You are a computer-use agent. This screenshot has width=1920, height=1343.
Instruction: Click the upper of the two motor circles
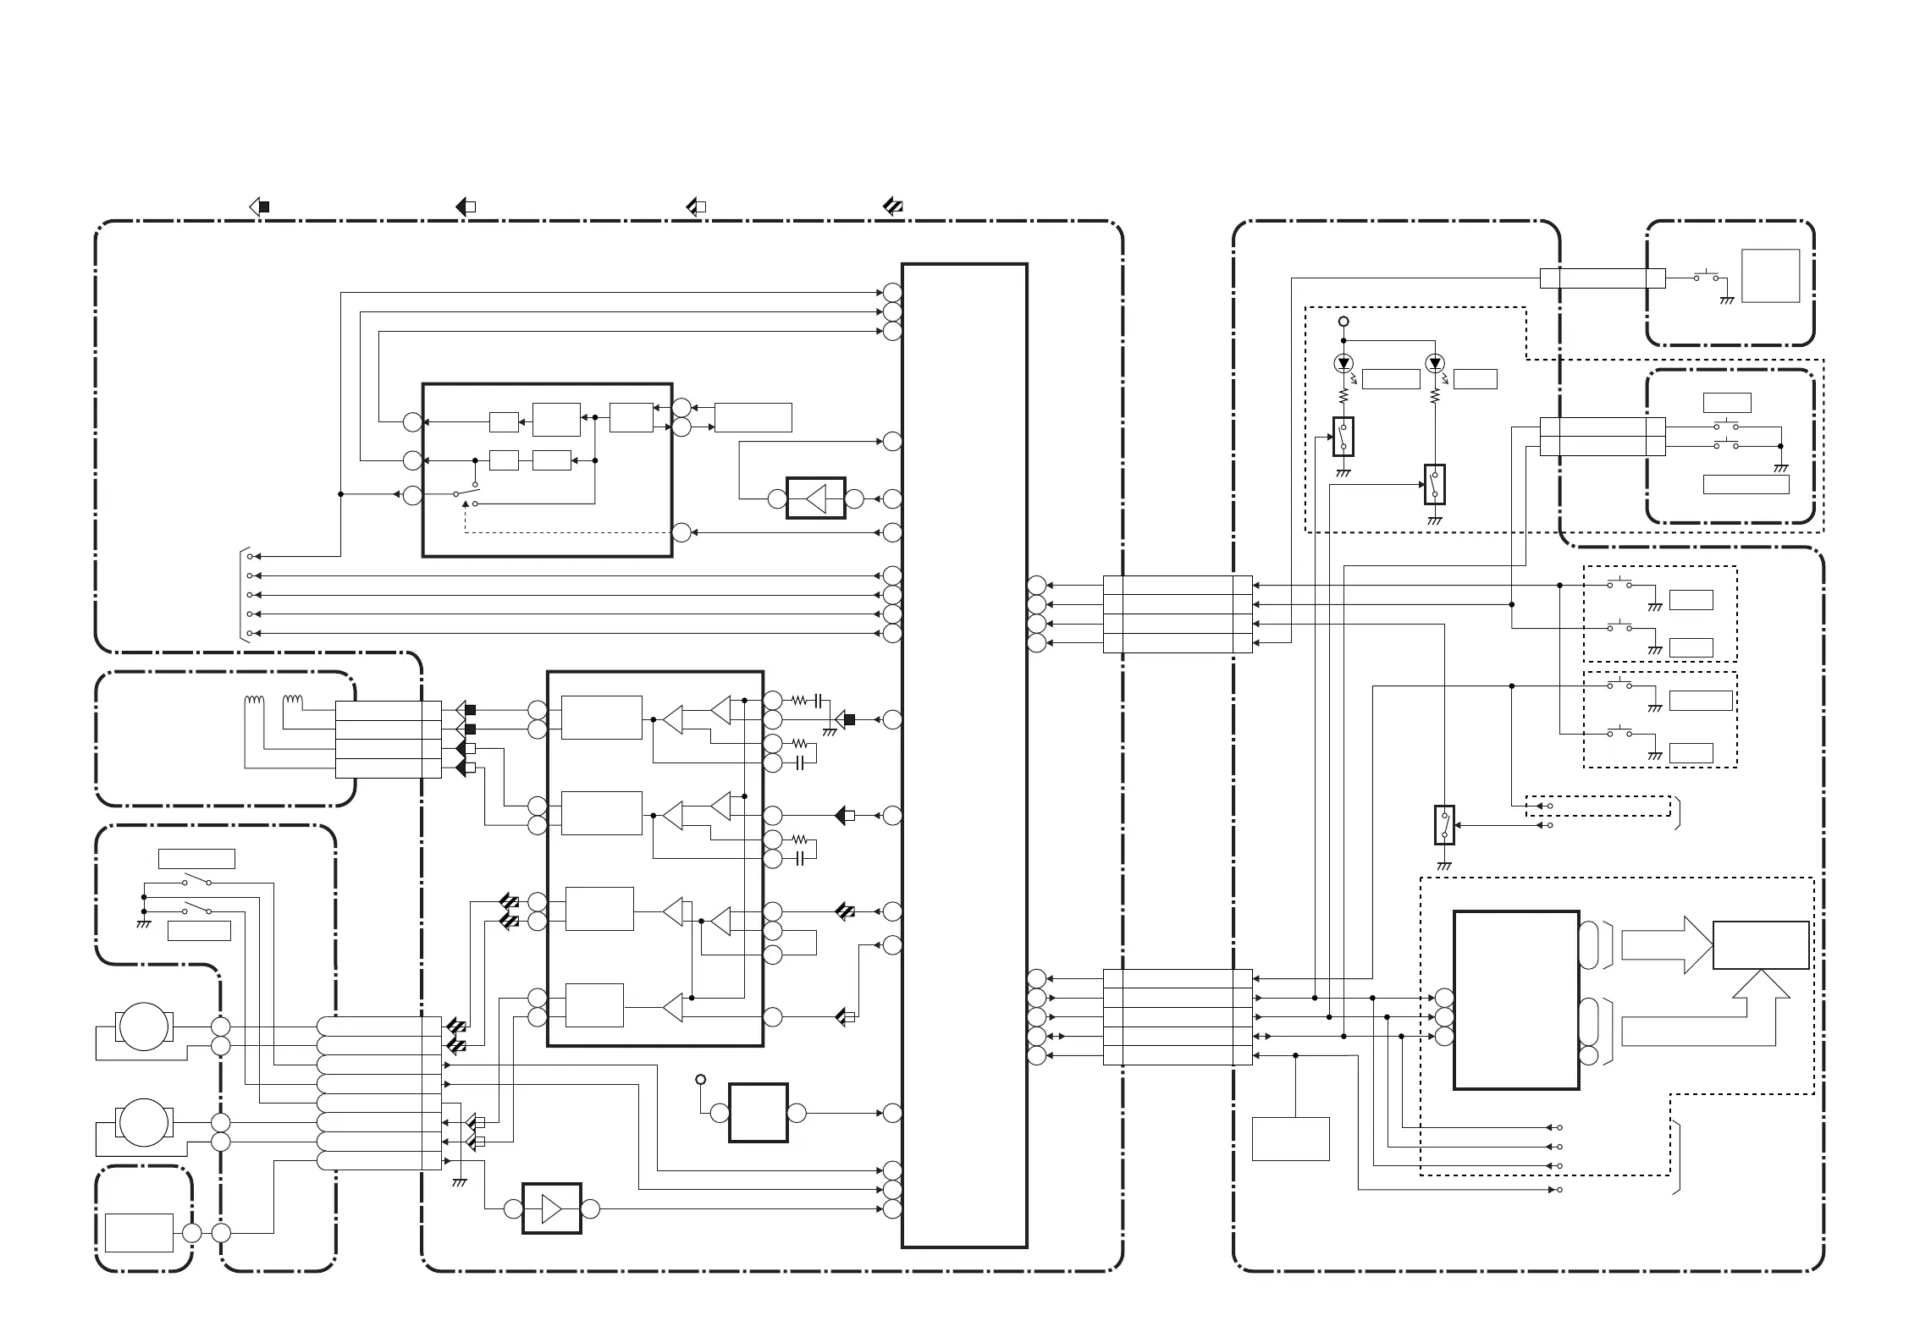pyautogui.click(x=144, y=1027)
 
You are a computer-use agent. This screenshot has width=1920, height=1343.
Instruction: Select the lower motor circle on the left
pyautogui.click(x=144, y=1123)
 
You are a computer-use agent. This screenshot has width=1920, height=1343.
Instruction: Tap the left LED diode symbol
pyautogui.click(x=1343, y=364)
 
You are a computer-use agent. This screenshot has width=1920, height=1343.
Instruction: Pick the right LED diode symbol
pyautogui.click(x=1434, y=364)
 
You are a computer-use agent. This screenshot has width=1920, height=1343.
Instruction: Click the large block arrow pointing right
pyautogui.click(x=1663, y=944)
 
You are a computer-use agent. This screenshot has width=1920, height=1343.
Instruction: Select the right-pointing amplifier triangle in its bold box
pyautogui.click(x=552, y=1209)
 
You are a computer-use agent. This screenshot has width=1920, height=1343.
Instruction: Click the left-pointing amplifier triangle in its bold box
pyautogui.click(x=816, y=498)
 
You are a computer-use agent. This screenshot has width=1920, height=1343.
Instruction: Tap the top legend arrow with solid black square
pyautogui.click(x=260, y=206)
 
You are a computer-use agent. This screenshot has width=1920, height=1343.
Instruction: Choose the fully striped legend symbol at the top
pyautogui.click(x=893, y=206)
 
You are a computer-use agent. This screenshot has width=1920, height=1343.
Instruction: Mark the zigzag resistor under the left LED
pyautogui.click(x=1343, y=396)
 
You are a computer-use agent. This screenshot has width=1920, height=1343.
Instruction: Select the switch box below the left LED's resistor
pyautogui.click(x=1343, y=437)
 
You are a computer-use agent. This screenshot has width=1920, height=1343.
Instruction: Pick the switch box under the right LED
pyautogui.click(x=1434, y=484)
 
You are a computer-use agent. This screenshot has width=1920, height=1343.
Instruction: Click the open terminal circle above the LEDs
pyautogui.click(x=1343, y=322)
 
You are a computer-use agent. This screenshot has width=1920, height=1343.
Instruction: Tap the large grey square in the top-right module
pyautogui.click(x=1770, y=276)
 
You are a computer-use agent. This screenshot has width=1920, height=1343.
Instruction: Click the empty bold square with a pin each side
pyautogui.click(x=759, y=1113)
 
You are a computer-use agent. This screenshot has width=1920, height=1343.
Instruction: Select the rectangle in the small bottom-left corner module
pyautogui.click(x=139, y=1233)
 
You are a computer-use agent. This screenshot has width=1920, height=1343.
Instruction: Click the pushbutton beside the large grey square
pyautogui.click(x=1706, y=277)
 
